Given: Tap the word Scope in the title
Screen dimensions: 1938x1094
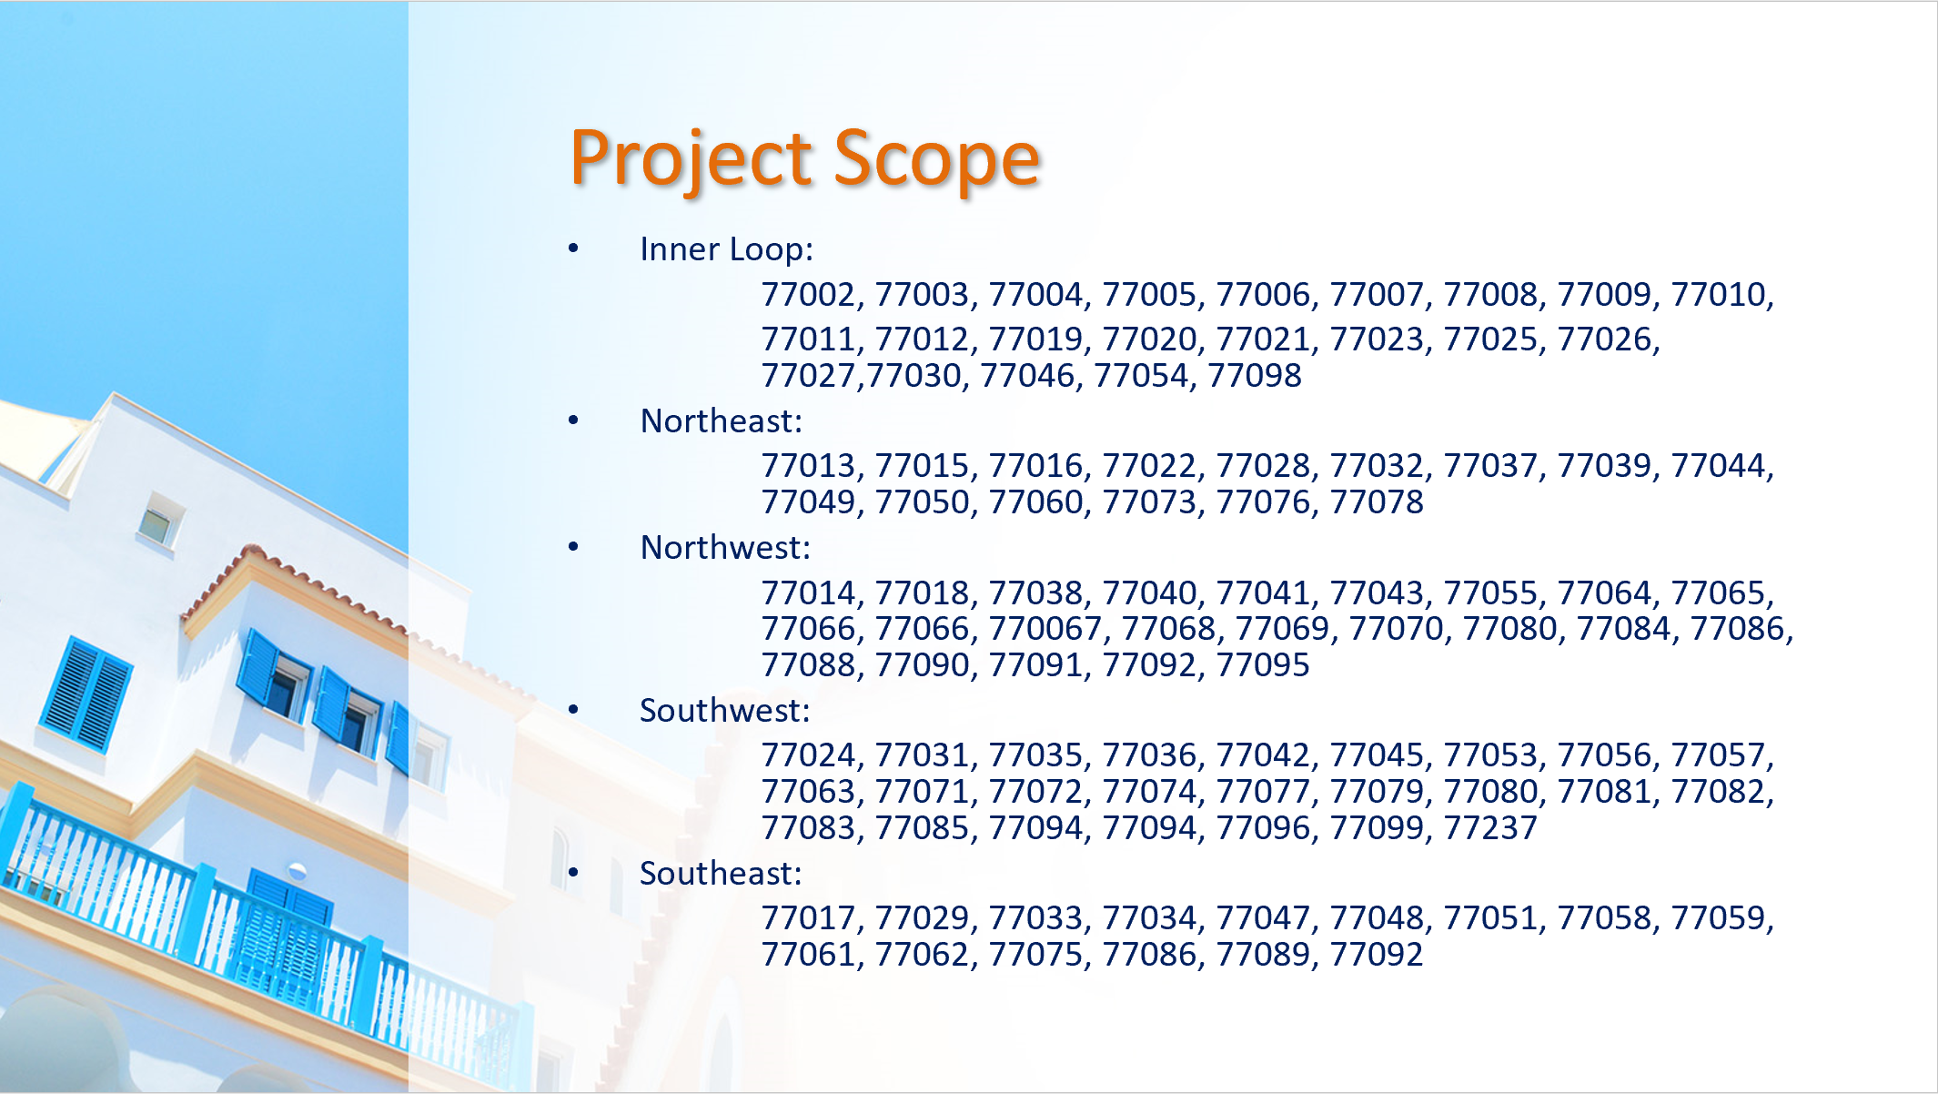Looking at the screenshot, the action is pyautogui.click(x=936, y=159).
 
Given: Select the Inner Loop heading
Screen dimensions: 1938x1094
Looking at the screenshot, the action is pyautogui.click(x=726, y=248).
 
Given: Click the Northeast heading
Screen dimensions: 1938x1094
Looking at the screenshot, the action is pyautogui.click(x=722, y=420).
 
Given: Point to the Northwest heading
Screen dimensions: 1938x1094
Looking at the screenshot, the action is pyautogui.click(x=725, y=547).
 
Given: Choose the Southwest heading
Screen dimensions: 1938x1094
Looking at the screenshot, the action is pyautogui.click(x=724, y=710).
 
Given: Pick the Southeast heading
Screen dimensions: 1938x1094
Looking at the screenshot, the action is pyautogui.click(x=721, y=873).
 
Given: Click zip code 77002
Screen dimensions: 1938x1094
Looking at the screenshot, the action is pyautogui.click(x=808, y=294).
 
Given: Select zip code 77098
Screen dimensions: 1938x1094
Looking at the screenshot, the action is pyautogui.click(x=1255, y=375).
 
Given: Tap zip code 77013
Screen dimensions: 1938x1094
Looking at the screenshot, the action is pyautogui.click(x=808, y=465).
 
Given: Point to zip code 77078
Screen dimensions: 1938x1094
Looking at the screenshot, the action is pyautogui.click(x=1377, y=501).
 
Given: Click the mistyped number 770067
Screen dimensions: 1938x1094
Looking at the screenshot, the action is pyautogui.click(x=1045, y=628).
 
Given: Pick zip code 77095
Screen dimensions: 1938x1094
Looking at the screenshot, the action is pyautogui.click(x=1263, y=664).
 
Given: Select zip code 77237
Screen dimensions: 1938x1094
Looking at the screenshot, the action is pyautogui.click(x=1490, y=827).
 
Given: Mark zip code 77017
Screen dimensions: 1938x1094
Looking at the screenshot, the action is pyautogui.click(x=808, y=917).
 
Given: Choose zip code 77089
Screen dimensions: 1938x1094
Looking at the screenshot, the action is pyautogui.click(x=1263, y=954).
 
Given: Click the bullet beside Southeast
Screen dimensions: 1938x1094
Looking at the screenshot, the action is pyautogui.click(x=573, y=872).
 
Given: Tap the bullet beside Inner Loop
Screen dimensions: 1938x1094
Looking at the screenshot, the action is pyautogui.click(x=573, y=248).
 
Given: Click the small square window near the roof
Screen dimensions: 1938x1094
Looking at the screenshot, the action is pyautogui.click(x=159, y=521).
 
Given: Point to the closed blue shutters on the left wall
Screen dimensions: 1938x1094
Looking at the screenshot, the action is pyautogui.click(x=86, y=694).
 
